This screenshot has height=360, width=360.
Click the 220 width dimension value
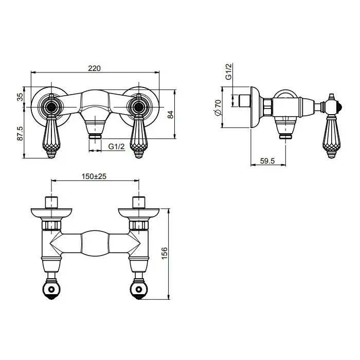pyautogui.click(x=94, y=68)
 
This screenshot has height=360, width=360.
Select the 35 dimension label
pyautogui.click(x=20, y=97)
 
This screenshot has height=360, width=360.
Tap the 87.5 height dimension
pyautogui.click(x=20, y=133)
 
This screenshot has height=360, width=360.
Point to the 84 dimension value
pyautogui.click(x=171, y=115)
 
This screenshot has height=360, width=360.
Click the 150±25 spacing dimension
pyautogui.click(x=94, y=176)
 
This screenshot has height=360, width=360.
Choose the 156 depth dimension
pyautogui.click(x=165, y=254)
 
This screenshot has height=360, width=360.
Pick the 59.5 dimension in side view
pyautogui.click(x=267, y=161)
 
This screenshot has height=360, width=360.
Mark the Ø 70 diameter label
pyautogui.click(x=218, y=107)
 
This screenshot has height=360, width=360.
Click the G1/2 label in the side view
pyautogui.click(x=229, y=71)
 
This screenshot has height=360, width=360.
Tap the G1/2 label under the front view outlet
pyautogui.click(x=116, y=146)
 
